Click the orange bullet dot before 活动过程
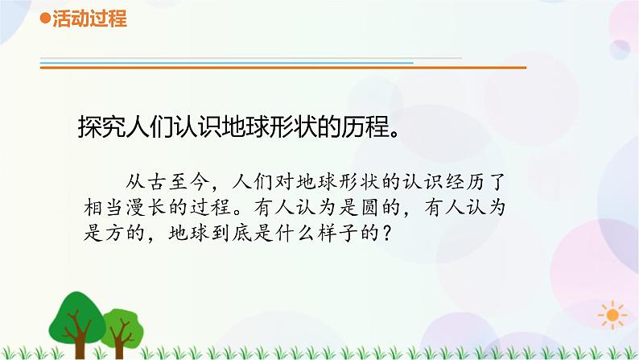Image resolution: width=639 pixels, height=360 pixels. click(45, 20)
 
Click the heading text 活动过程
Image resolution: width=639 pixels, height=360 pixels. click(89, 20)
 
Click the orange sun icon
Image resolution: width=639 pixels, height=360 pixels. click(616, 316)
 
